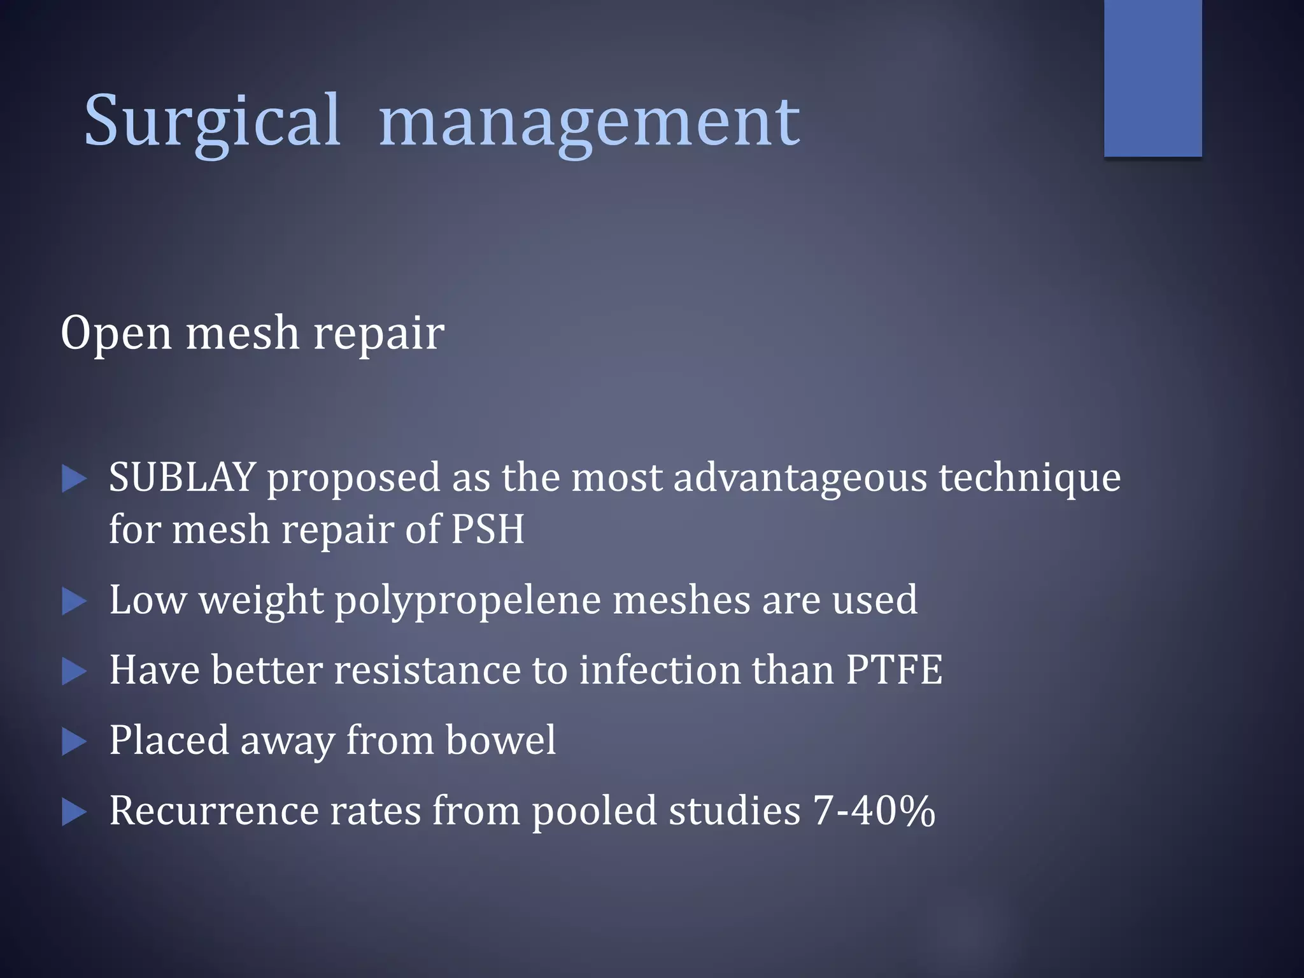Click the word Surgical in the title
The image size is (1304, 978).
(x=213, y=121)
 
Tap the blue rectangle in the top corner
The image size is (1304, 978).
(x=1152, y=78)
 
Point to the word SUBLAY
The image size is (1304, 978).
(x=181, y=478)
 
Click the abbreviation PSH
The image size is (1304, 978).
(x=488, y=529)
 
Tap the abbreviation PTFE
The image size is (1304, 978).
(x=894, y=670)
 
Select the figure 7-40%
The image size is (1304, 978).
(x=874, y=811)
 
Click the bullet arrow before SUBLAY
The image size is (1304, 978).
(x=74, y=479)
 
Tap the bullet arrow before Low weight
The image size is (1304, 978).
(x=74, y=602)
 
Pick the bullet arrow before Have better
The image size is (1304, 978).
(x=74, y=672)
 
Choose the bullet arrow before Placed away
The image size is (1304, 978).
(x=74, y=742)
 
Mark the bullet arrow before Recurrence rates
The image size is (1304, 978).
(x=74, y=812)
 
